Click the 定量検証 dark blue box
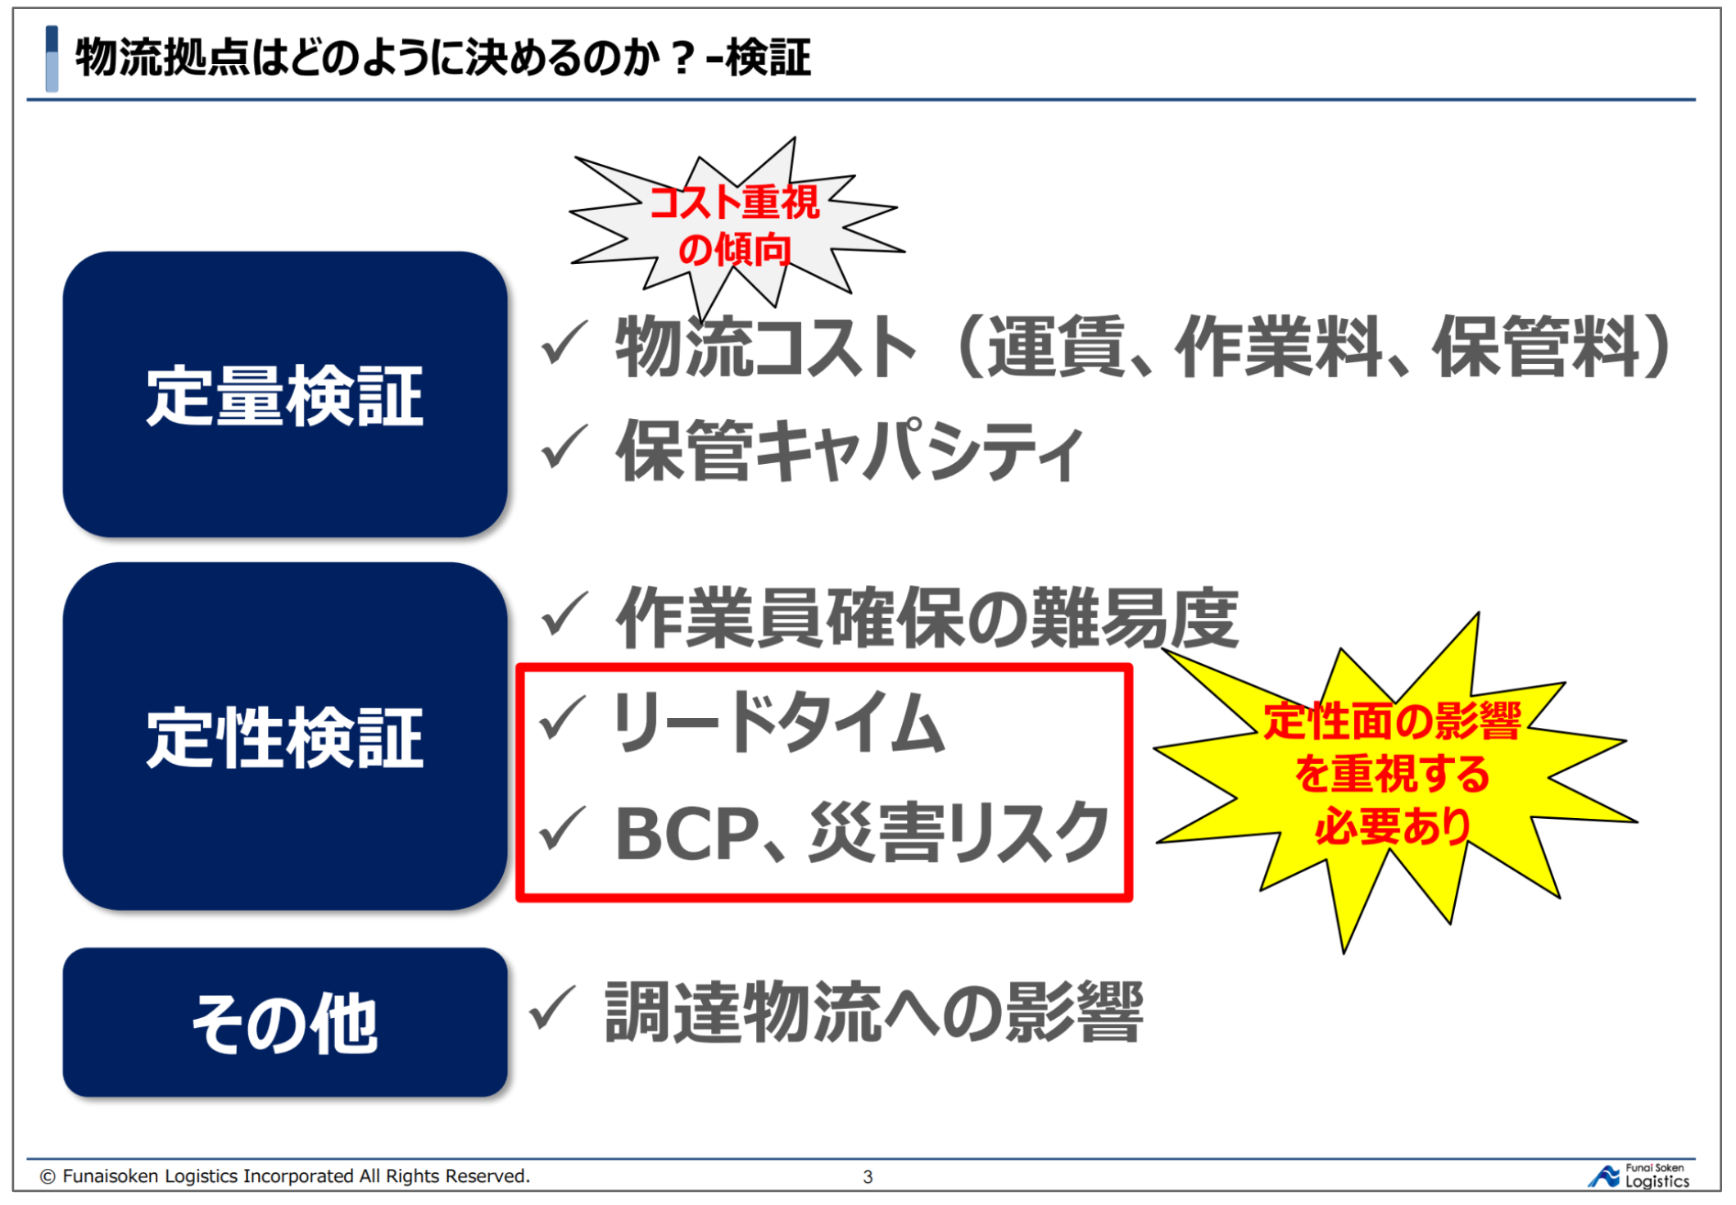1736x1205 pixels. point(285,394)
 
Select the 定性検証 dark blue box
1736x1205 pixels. point(285,736)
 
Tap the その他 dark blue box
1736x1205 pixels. point(285,1022)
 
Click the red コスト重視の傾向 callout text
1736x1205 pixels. point(735,225)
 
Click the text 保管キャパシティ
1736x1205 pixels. point(850,449)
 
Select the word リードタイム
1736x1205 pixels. point(778,721)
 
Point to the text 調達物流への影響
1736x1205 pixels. point(874,1012)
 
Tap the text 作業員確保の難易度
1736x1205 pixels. point(927,617)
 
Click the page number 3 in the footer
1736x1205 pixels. point(868,1177)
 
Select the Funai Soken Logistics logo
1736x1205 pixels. point(1639,1176)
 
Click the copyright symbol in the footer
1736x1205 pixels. point(48,1176)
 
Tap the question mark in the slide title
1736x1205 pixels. point(682,58)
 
